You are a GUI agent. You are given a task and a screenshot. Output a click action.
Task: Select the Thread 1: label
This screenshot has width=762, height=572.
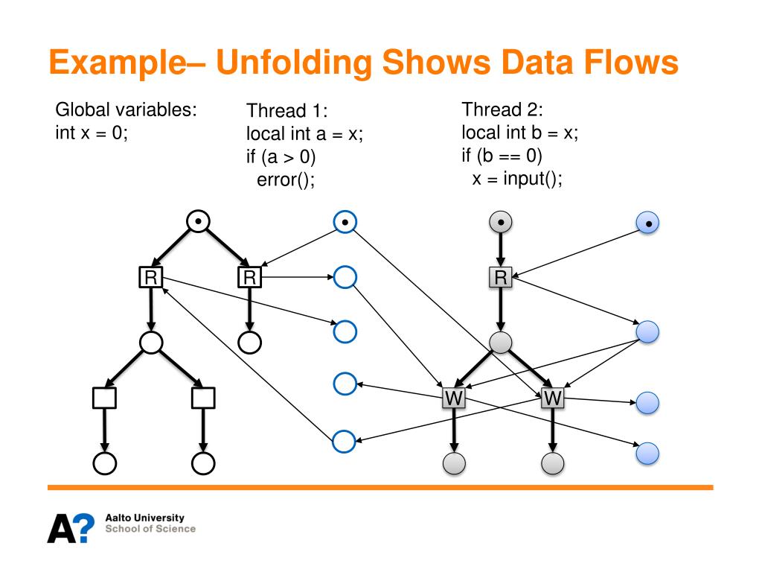[x=286, y=112]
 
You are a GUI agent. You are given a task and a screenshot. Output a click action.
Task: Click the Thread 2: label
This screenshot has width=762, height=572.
[x=502, y=109]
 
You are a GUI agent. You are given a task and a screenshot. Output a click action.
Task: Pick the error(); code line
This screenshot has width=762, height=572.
[x=286, y=180]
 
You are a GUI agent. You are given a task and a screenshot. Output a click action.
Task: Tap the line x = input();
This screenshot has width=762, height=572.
[x=516, y=179]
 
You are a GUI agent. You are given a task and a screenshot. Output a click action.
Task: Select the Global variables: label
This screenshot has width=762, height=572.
[x=127, y=110]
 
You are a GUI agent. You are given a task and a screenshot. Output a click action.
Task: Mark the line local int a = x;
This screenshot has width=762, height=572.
[x=304, y=135]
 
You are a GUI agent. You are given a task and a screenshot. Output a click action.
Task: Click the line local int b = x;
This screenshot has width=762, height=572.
[x=519, y=133]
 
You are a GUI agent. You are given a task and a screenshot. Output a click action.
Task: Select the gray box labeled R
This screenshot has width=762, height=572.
[x=501, y=278]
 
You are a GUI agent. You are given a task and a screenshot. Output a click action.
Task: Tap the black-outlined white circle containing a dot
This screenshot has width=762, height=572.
[x=198, y=221]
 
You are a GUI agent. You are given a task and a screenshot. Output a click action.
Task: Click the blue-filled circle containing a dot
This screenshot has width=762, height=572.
[x=648, y=222]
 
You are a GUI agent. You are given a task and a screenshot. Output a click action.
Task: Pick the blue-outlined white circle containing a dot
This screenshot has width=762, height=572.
[x=345, y=221]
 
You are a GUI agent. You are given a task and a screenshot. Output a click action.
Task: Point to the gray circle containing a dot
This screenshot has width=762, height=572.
[x=501, y=221]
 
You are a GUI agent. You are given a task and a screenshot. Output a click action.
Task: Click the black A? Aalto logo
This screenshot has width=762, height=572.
[x=71, y=527]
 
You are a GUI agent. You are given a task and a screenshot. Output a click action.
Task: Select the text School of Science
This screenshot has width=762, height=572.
[x=151, y=529]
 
